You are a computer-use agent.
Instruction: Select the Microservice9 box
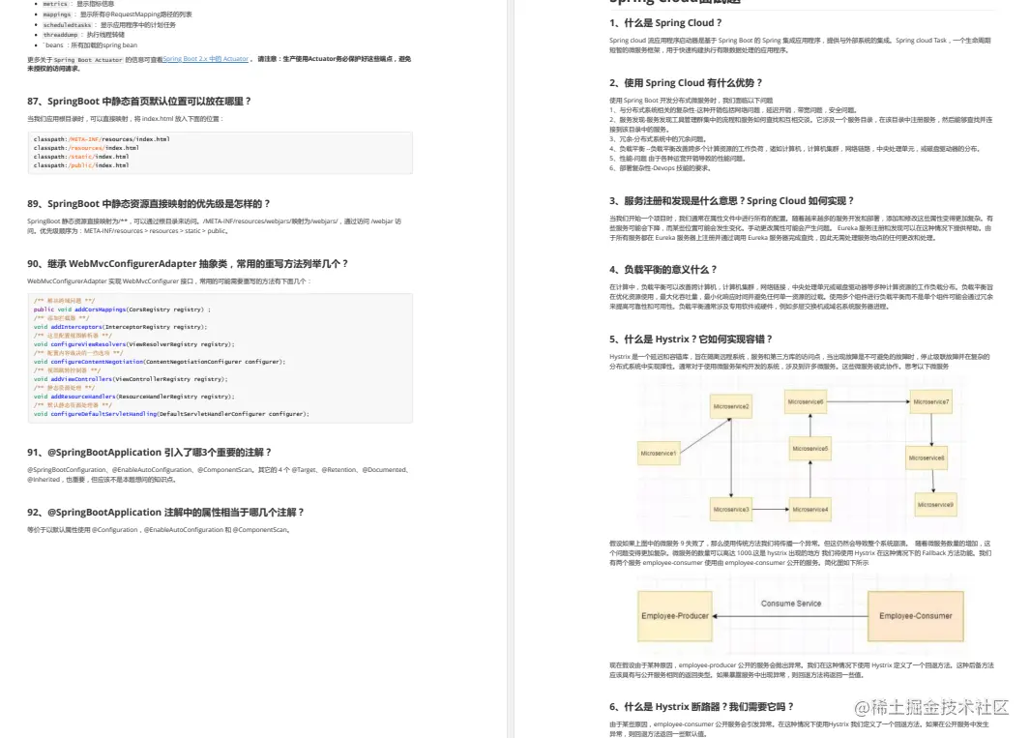click(x=935, y=504)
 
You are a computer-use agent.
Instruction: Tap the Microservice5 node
click(x=809, y=449)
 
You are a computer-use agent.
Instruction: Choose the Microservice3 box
click(x=731, y=509)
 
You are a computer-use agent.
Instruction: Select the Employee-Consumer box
click(x=915, y=615)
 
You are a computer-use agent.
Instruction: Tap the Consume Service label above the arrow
click(x=791, y=603)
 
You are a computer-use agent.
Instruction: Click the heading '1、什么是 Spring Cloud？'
click(x=663, y=22)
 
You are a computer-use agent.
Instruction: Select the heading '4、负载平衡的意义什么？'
click(x=663, y=269)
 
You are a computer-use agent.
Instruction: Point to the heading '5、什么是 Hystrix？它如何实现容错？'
click(x=691, y=339)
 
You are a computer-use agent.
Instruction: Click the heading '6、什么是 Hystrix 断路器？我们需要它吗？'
click(x=701, y=706)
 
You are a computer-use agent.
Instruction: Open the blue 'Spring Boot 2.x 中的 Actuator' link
click(x=206, y=59)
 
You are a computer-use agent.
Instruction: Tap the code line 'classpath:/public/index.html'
click(x=81, y=165)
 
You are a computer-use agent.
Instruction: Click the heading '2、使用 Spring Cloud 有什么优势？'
click(x=686, y=83)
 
